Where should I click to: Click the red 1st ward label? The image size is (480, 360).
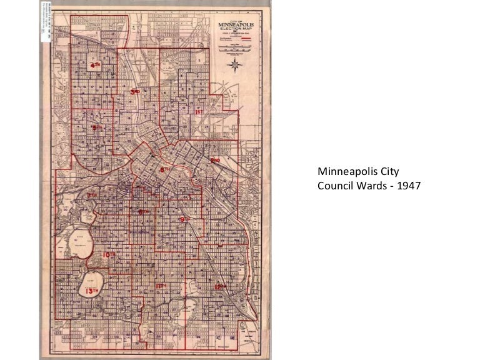tap(200, 112)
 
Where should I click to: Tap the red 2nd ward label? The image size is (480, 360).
tap(216, 161)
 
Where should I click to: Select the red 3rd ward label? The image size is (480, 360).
tap(135, 91)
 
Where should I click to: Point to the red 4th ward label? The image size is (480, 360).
tap(95, 64)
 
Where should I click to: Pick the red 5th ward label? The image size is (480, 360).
tap(96, 128)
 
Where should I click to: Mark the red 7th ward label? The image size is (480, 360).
tap(92, 195)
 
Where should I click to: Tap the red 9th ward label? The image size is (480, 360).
tap(184, 219)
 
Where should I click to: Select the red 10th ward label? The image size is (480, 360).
tap(110, 255)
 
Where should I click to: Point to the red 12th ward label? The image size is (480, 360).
tap(221, 286)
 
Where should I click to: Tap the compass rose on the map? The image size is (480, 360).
tap(234, 68)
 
